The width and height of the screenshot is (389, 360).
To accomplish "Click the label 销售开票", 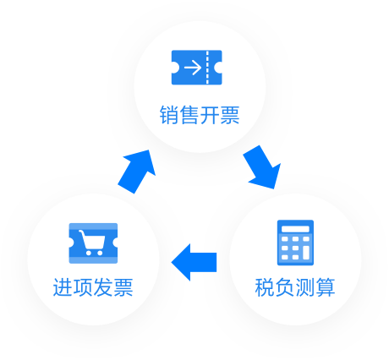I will coord(200,115).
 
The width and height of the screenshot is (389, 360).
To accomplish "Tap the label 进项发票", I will coord(93,287).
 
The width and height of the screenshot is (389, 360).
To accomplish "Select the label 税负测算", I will coord(294,287).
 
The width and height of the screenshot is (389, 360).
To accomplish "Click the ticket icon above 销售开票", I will coord(199,68).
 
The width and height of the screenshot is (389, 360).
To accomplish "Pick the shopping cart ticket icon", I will coord(93,243).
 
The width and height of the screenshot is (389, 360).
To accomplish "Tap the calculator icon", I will coord(295,243).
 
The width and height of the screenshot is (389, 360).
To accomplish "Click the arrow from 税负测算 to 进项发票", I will coord(194,261).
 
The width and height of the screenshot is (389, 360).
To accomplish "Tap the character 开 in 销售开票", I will coord(210,115).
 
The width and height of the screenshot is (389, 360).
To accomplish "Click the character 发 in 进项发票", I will coord(103,287).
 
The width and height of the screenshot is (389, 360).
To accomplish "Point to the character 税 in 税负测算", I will coord(264,287).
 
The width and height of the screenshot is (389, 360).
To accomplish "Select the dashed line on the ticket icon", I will coord(208,68).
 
